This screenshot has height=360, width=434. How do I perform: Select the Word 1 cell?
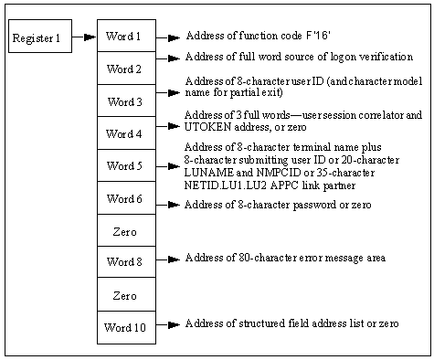pyautogui.click(x=125, y=37)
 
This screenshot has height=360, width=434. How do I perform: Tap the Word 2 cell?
pyautogui.click(x=125, y=69)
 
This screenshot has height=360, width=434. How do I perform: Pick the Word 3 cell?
pyautogui.click(x=125, y=101)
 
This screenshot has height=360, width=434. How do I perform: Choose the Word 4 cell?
pyautogui.click(x=125, y=133)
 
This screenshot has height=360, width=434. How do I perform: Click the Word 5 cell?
pyautogui.click(x=125, y=166)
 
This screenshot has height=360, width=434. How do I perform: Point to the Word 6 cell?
pyautogui.click(x=125, y=198)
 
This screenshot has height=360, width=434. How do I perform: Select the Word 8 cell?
pyautogui.click(x=125, y=262)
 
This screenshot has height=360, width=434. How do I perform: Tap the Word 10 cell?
pyautogui.click(x=125, y=327)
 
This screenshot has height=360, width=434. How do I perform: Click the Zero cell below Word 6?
pyautogui.click(x=125, y=230)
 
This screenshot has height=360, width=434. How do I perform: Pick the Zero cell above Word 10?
pyautogui.click(x=125, y=295)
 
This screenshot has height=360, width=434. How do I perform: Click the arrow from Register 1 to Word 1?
pyautogui.click(x=84, y=37)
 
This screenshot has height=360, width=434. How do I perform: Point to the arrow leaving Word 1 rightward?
pyautogui.click(x=168, y=38)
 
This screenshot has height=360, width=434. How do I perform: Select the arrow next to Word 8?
pyautogui.click(x=168, y=259)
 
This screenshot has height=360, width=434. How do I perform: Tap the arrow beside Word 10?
pyautogui.click(x=168, y=326)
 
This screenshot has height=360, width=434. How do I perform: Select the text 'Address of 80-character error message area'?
pyautogui.click(x=284, y=258)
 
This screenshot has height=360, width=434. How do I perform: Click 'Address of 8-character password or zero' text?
pyautogui.click(x=278, y=204)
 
